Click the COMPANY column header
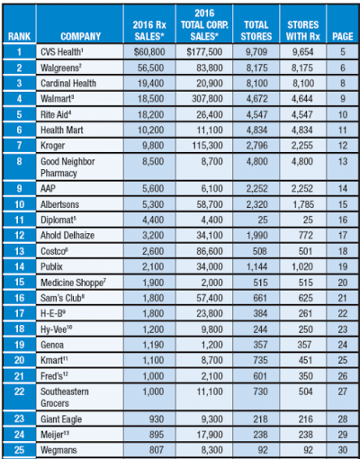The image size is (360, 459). tap(80, 36)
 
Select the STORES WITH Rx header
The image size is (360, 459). tap(303, 31)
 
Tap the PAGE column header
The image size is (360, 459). tap(343, 36)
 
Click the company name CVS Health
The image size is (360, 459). tap(62, 52)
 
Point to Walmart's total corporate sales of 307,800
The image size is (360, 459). tap(207, 99)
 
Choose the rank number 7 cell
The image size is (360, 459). tap(19, 146)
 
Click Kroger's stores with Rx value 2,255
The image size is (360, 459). tap(302, 146)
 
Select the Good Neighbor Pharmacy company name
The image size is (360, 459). tap(67, 167)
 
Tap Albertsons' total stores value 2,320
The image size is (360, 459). tap(256, 204)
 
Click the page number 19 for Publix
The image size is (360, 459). tap(343, 266)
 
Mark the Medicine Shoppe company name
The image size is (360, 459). tap(73, 283)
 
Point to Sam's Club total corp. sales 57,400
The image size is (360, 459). tap(210, 298)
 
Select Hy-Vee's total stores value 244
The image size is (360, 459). tap(260, 329)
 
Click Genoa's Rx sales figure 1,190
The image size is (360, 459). tap(153, 345)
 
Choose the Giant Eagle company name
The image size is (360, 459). tap(61, 419)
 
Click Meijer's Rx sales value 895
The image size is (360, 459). tap(157, 435)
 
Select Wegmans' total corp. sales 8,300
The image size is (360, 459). tap(212, 450)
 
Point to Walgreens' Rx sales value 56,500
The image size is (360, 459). tap(151, 67)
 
